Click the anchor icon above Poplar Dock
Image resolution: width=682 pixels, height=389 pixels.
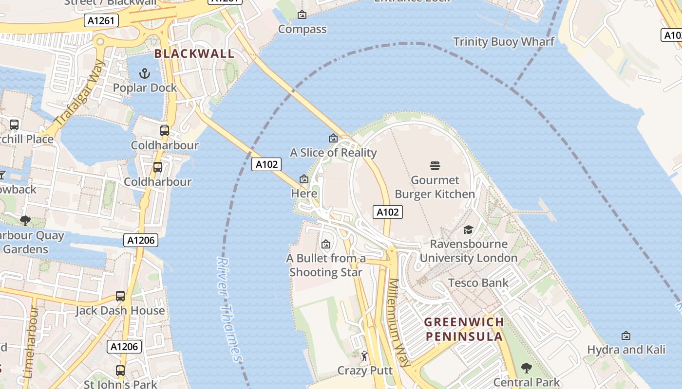point(144,73)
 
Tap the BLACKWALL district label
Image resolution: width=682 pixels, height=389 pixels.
point(194,53)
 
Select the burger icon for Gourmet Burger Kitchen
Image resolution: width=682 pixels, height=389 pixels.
point(435,166)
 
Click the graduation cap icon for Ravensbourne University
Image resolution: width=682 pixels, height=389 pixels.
point(468,230)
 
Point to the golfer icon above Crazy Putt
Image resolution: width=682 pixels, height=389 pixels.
point(364,356)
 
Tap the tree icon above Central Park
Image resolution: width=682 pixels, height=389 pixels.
point(526,368)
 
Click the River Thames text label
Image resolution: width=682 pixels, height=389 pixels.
point(229,310)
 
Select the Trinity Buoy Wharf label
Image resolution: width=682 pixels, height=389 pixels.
point(504,42)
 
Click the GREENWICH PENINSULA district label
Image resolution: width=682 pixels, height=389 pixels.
point(464,329)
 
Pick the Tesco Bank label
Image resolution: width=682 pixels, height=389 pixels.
point(478,283)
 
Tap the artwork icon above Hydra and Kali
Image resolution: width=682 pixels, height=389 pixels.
point(626,336)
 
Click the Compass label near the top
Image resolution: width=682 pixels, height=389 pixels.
point(302,29)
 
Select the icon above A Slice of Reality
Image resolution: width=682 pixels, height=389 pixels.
point(333,139)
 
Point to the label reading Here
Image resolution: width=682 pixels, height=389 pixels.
point(304,194)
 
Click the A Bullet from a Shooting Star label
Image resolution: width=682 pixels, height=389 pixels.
point(326,265)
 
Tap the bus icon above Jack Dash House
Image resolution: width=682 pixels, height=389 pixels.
point(120,296)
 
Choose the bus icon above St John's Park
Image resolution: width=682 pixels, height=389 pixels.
point(120,370)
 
